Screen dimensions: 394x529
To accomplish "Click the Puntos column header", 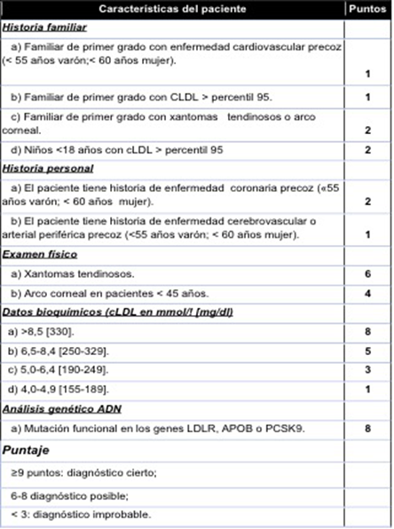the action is pyautogui.click(x=366, y=10).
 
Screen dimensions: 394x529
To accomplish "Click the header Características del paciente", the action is pyautogui.click(x=174, y=10).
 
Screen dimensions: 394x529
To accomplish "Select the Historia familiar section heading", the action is pyautogui.click(x=40, y=27).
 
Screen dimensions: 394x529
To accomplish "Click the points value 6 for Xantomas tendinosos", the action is pyautogui.click(x=366, y=275).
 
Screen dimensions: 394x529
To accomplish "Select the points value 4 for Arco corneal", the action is pyautogui.click(x=366, y=293).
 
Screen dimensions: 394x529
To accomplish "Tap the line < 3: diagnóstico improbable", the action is pyautogui.click(x=75, y=515).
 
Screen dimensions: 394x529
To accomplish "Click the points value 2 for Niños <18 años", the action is pyautogui.click(x=366, y=150).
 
